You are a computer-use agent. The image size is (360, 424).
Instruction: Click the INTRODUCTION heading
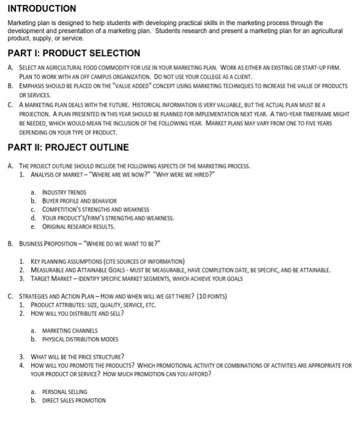[42, 9]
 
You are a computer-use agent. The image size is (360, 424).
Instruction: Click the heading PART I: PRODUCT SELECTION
[74, 53]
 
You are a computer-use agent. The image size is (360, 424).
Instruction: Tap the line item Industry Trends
[64, 192]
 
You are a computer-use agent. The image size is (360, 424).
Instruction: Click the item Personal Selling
[65, 392]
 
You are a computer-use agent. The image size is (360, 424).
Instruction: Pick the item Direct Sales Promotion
[74, 400]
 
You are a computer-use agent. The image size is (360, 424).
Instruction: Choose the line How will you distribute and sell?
[76, 313]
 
